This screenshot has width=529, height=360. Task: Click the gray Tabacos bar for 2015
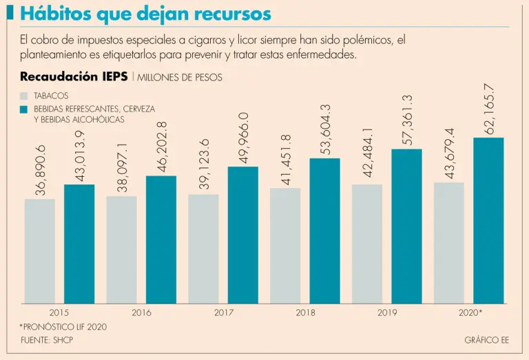tap(39, 251)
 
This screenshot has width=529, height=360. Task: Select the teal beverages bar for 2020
tap(489, 220)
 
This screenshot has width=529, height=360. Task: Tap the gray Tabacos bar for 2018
tap(285, 246)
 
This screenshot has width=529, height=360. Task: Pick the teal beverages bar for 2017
tap(243, 235)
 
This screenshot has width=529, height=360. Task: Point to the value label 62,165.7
tap(490, 109)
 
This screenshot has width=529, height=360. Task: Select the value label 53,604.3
tap(326, 129)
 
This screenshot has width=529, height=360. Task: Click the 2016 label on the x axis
tap(141, 313)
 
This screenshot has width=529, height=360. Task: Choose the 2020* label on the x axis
tap(470, 313)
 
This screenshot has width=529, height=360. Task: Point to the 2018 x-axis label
tap(306, 313)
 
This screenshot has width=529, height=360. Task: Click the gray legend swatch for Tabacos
tap(25, 96)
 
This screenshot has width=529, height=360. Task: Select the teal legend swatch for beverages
tap(25, 109)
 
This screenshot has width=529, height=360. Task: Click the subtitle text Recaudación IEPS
tap(74, 77)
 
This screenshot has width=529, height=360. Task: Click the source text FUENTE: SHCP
tap(47, 340)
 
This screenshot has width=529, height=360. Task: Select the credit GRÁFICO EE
tap(486, 340)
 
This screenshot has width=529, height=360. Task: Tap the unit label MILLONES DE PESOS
tap(180, 78)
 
